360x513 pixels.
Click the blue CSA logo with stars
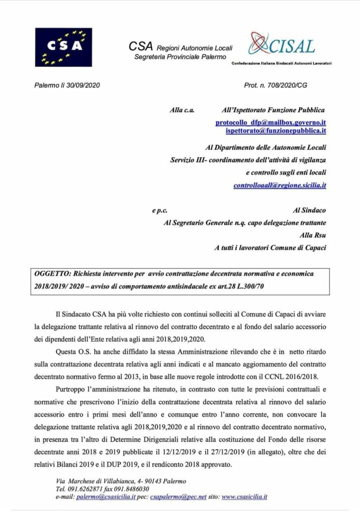[63, 47]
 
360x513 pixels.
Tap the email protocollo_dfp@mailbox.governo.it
[271, 122]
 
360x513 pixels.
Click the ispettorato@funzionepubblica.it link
[276, 131]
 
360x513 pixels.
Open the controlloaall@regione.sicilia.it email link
[280, 185]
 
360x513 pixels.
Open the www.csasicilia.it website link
[244, 497]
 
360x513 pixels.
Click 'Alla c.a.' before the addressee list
[182, 110]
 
